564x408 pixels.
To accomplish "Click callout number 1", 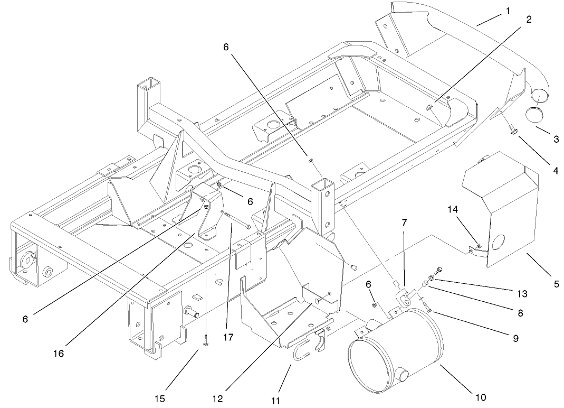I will (x=508, y=10).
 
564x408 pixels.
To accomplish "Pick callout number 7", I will (x=404, y=223).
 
